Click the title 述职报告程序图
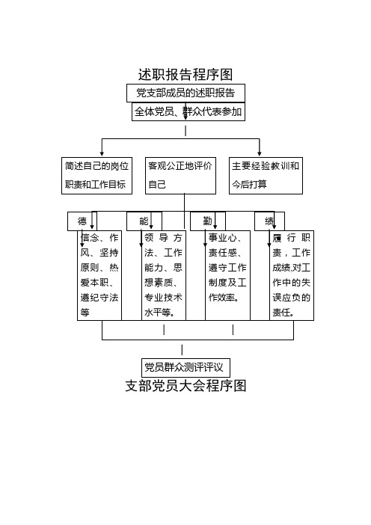(185, 74)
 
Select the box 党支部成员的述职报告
(185, 93)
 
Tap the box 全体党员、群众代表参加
(188, 112)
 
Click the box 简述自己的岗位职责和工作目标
(96, 176)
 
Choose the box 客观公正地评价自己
(180, 176)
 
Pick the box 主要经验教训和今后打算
(266, 176)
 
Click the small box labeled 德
(82, 221)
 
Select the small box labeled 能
(144, 221)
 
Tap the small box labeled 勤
(208, 221)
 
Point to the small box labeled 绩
(269, 221)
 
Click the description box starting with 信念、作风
(99, 275)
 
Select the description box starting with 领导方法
(164, 275)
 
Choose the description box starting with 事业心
(227, 275)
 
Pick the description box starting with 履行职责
(292, 275)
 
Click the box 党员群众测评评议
(185, 368)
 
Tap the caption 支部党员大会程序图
(185, 386)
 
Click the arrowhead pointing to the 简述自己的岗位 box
(102, 153)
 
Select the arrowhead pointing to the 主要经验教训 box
(259, 153)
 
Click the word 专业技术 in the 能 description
(163, 298)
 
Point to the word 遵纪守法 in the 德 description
(99, 298)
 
